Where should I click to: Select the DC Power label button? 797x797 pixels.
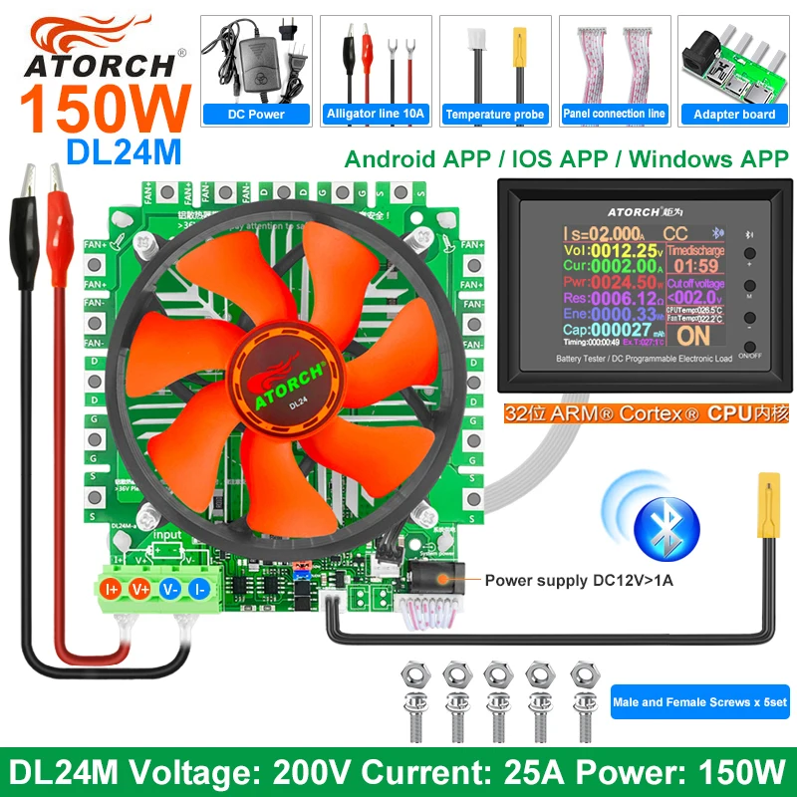tap(258, 114)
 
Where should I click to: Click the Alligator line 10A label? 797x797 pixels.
tap(376, 114)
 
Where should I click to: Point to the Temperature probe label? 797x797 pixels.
tap(494, 114)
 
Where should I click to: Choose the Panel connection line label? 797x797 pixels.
tap(613, 114)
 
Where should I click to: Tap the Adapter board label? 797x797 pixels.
tap(733, 114)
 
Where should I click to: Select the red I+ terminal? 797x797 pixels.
tap(113, 590)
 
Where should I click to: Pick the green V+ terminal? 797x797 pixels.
tap(141, 590)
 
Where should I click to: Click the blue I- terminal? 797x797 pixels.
tap(201, 590)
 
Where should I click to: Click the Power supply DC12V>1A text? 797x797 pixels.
tap(578, 579)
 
